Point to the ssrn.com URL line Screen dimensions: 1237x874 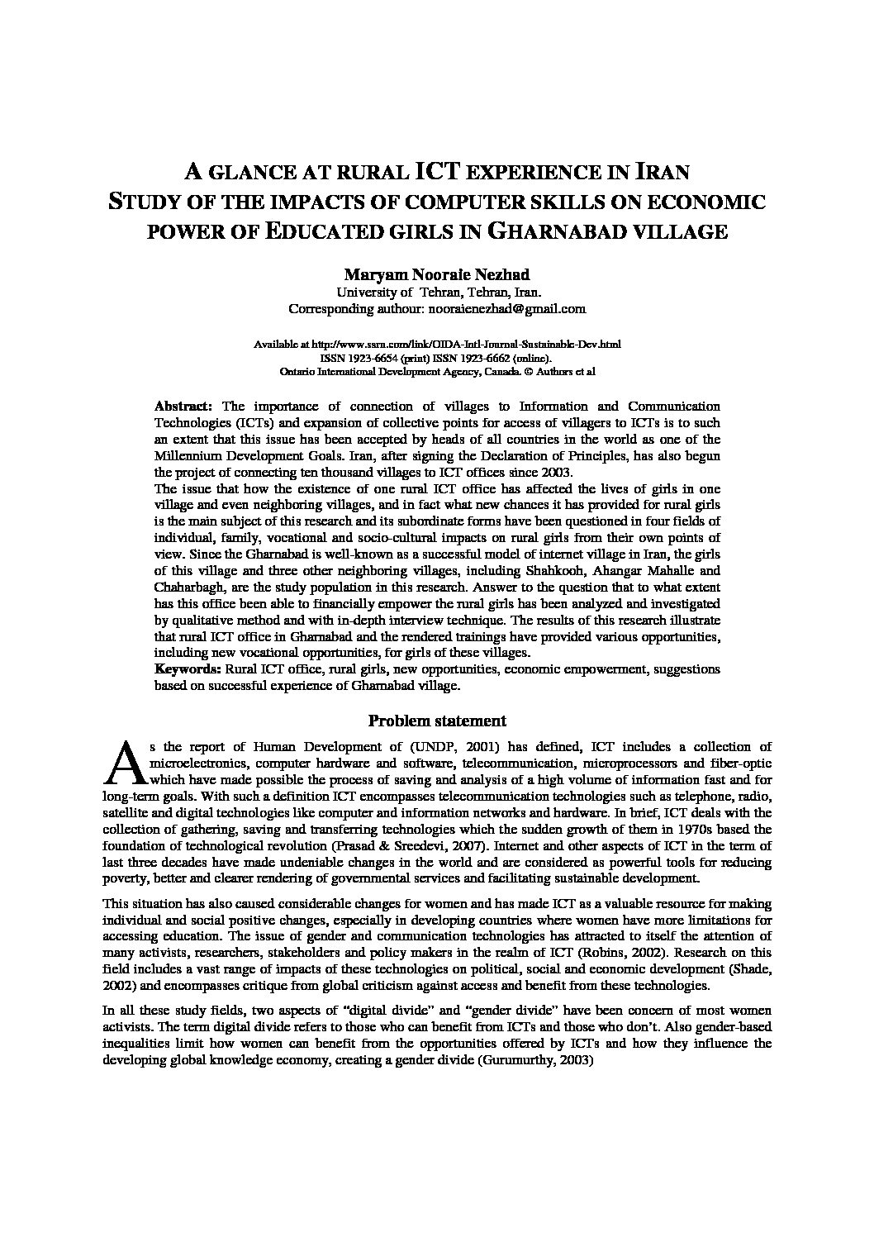point(437,343)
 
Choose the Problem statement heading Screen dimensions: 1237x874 point(437,721)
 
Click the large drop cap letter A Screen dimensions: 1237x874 point(121,763)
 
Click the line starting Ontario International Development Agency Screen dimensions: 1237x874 point(437,372)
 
